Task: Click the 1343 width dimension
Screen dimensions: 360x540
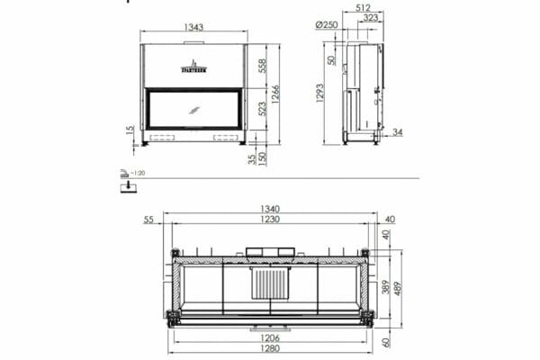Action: pyautogui.click(x=193, y=27)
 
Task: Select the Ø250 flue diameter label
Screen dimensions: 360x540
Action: pyautogui.click(x=327, y=25)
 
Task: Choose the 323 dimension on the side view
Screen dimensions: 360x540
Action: pyautogui.click(x=370, y=18)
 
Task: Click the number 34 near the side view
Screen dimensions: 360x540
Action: pyautogui.click(x=398, y=132)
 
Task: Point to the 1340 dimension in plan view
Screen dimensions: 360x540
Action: pyautogui.click(x=270, y=209)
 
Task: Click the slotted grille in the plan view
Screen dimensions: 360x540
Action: pyautogui.click(x=269, y=284)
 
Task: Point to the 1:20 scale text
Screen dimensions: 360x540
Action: pyautogui.click(x=138, y=172)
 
